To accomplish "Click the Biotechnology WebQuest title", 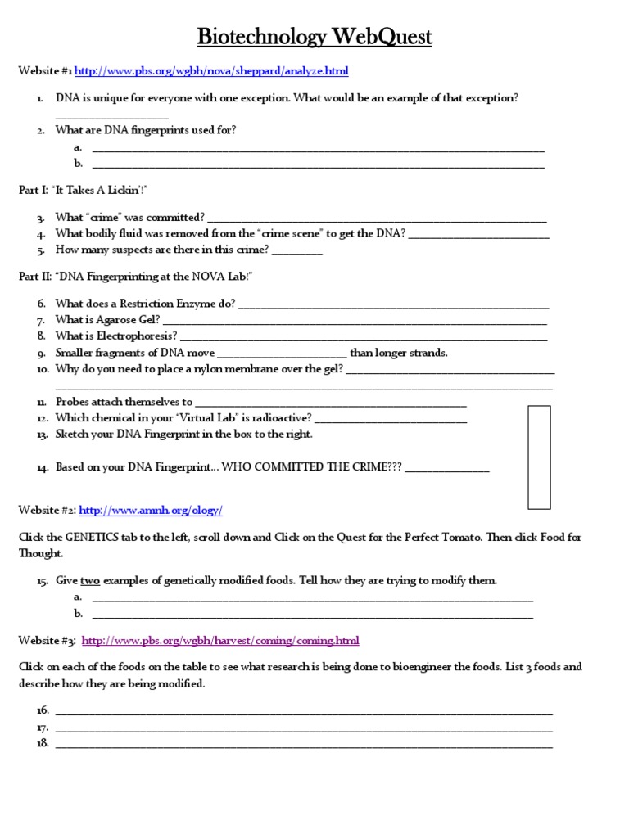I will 314,37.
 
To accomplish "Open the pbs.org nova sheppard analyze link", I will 212,72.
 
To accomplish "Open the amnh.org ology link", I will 151,510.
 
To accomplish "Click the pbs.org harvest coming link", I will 220,640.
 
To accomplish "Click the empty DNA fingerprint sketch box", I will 539,457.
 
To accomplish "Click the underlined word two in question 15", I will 90,580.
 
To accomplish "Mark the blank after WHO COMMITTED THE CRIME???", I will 447,471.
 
